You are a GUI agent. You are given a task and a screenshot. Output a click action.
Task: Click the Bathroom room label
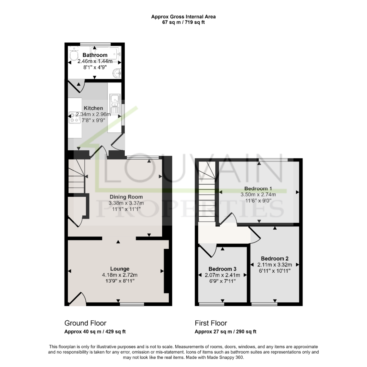point(95,55)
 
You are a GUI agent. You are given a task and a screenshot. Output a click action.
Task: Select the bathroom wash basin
point(117,73)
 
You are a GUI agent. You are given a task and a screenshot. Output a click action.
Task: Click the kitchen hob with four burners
point(75,117)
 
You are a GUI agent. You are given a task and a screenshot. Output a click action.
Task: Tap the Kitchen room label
point(94,108)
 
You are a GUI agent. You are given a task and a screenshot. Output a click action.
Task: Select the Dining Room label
point(126,197)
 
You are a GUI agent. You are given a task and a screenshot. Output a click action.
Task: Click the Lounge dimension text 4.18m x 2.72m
point(120,275)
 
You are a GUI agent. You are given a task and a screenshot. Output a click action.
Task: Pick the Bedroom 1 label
point(258,188)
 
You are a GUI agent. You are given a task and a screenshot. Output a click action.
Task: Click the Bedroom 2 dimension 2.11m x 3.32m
point(275,265)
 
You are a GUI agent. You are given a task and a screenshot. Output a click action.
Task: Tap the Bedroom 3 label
point(222,269)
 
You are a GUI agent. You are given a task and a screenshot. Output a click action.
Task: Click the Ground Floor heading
point(85,323)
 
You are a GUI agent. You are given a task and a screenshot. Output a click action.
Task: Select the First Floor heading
point(211,323)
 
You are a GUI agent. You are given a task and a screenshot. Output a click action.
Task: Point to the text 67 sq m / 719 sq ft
point(183,23)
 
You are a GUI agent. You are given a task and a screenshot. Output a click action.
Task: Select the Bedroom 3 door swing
point(208,251)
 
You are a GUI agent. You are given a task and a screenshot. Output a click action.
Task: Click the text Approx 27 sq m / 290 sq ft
point(225,331)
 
